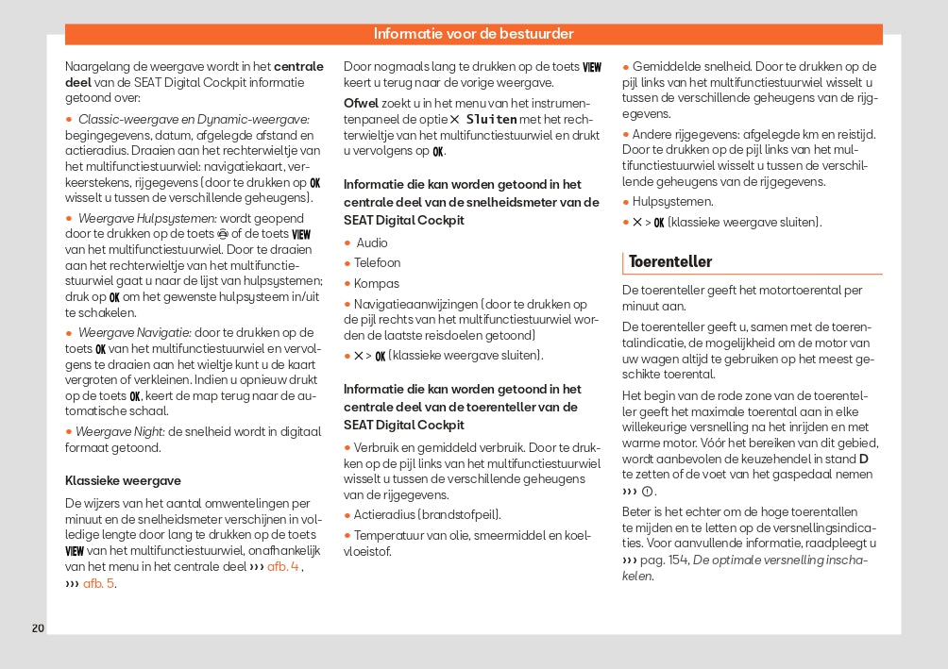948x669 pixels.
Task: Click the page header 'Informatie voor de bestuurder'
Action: pyautogui.click(x=473, y=34)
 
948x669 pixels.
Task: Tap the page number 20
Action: pyautogui.click(x=38, y=628)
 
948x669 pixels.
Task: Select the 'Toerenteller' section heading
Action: pyautogui.click(x=670, y=261)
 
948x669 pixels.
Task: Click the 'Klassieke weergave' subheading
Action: pyautogui.click(x=123, y=480)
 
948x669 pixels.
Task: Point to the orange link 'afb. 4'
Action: pyautogui.click(x=283, y=566)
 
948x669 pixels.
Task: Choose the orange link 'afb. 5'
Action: pyautogui.click(x=99, y=583)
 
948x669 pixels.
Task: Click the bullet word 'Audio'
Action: pyautogui.click(x=372, y=243)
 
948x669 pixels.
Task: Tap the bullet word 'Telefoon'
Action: pyautogui.click(x=377, y=263)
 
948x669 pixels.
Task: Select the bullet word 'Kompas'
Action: pyautogui.click(x=376, y=283)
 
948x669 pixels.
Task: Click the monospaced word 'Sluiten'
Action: pyautogui.click(x=492, y=120)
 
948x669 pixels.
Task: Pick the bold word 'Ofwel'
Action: pyautogui.click(x=361, y=102)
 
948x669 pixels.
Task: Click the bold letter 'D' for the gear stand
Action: pyautogui.click(x=864, y=459)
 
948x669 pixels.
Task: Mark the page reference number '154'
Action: pyautogui.click(x=679, y=560)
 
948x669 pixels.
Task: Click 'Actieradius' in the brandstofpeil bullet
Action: pyautogui.click(x=382, y=515)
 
